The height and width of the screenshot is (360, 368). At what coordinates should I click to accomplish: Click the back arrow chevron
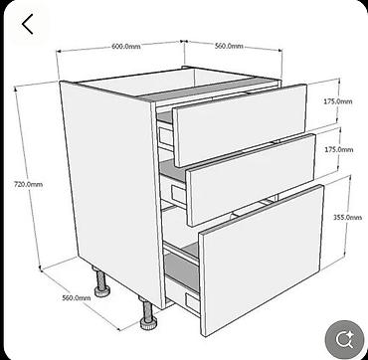click(27, 24)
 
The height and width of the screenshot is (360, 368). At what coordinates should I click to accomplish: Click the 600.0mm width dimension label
click(126, 47)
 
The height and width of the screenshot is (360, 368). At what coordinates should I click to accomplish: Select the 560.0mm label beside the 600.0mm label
click(229, 46)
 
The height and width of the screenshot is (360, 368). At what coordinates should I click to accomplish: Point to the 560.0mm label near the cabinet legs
click(77, 298)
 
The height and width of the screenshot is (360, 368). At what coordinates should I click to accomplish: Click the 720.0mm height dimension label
click(28, 184)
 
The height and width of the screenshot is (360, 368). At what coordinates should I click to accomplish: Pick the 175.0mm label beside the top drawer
click(338, 101)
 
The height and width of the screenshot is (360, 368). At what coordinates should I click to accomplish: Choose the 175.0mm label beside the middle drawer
click(339, 150)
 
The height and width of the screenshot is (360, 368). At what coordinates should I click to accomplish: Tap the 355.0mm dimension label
click(347, 218)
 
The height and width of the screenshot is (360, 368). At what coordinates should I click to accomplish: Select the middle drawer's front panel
click(251, 180)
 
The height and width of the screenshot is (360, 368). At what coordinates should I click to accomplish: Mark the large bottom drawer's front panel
click(262, 261)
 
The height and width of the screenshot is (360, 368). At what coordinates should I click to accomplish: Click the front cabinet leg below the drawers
click(148, 312)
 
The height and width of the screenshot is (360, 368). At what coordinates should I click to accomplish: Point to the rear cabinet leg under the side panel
click(101, 282)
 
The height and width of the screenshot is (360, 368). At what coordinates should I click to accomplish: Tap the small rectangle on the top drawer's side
click(166, 136)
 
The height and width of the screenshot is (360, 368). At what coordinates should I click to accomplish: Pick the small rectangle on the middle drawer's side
click(178, 194)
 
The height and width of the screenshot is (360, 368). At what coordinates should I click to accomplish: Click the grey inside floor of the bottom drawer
click(182, 270)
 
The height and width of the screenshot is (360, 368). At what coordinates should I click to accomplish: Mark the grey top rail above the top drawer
click(207, 89)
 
